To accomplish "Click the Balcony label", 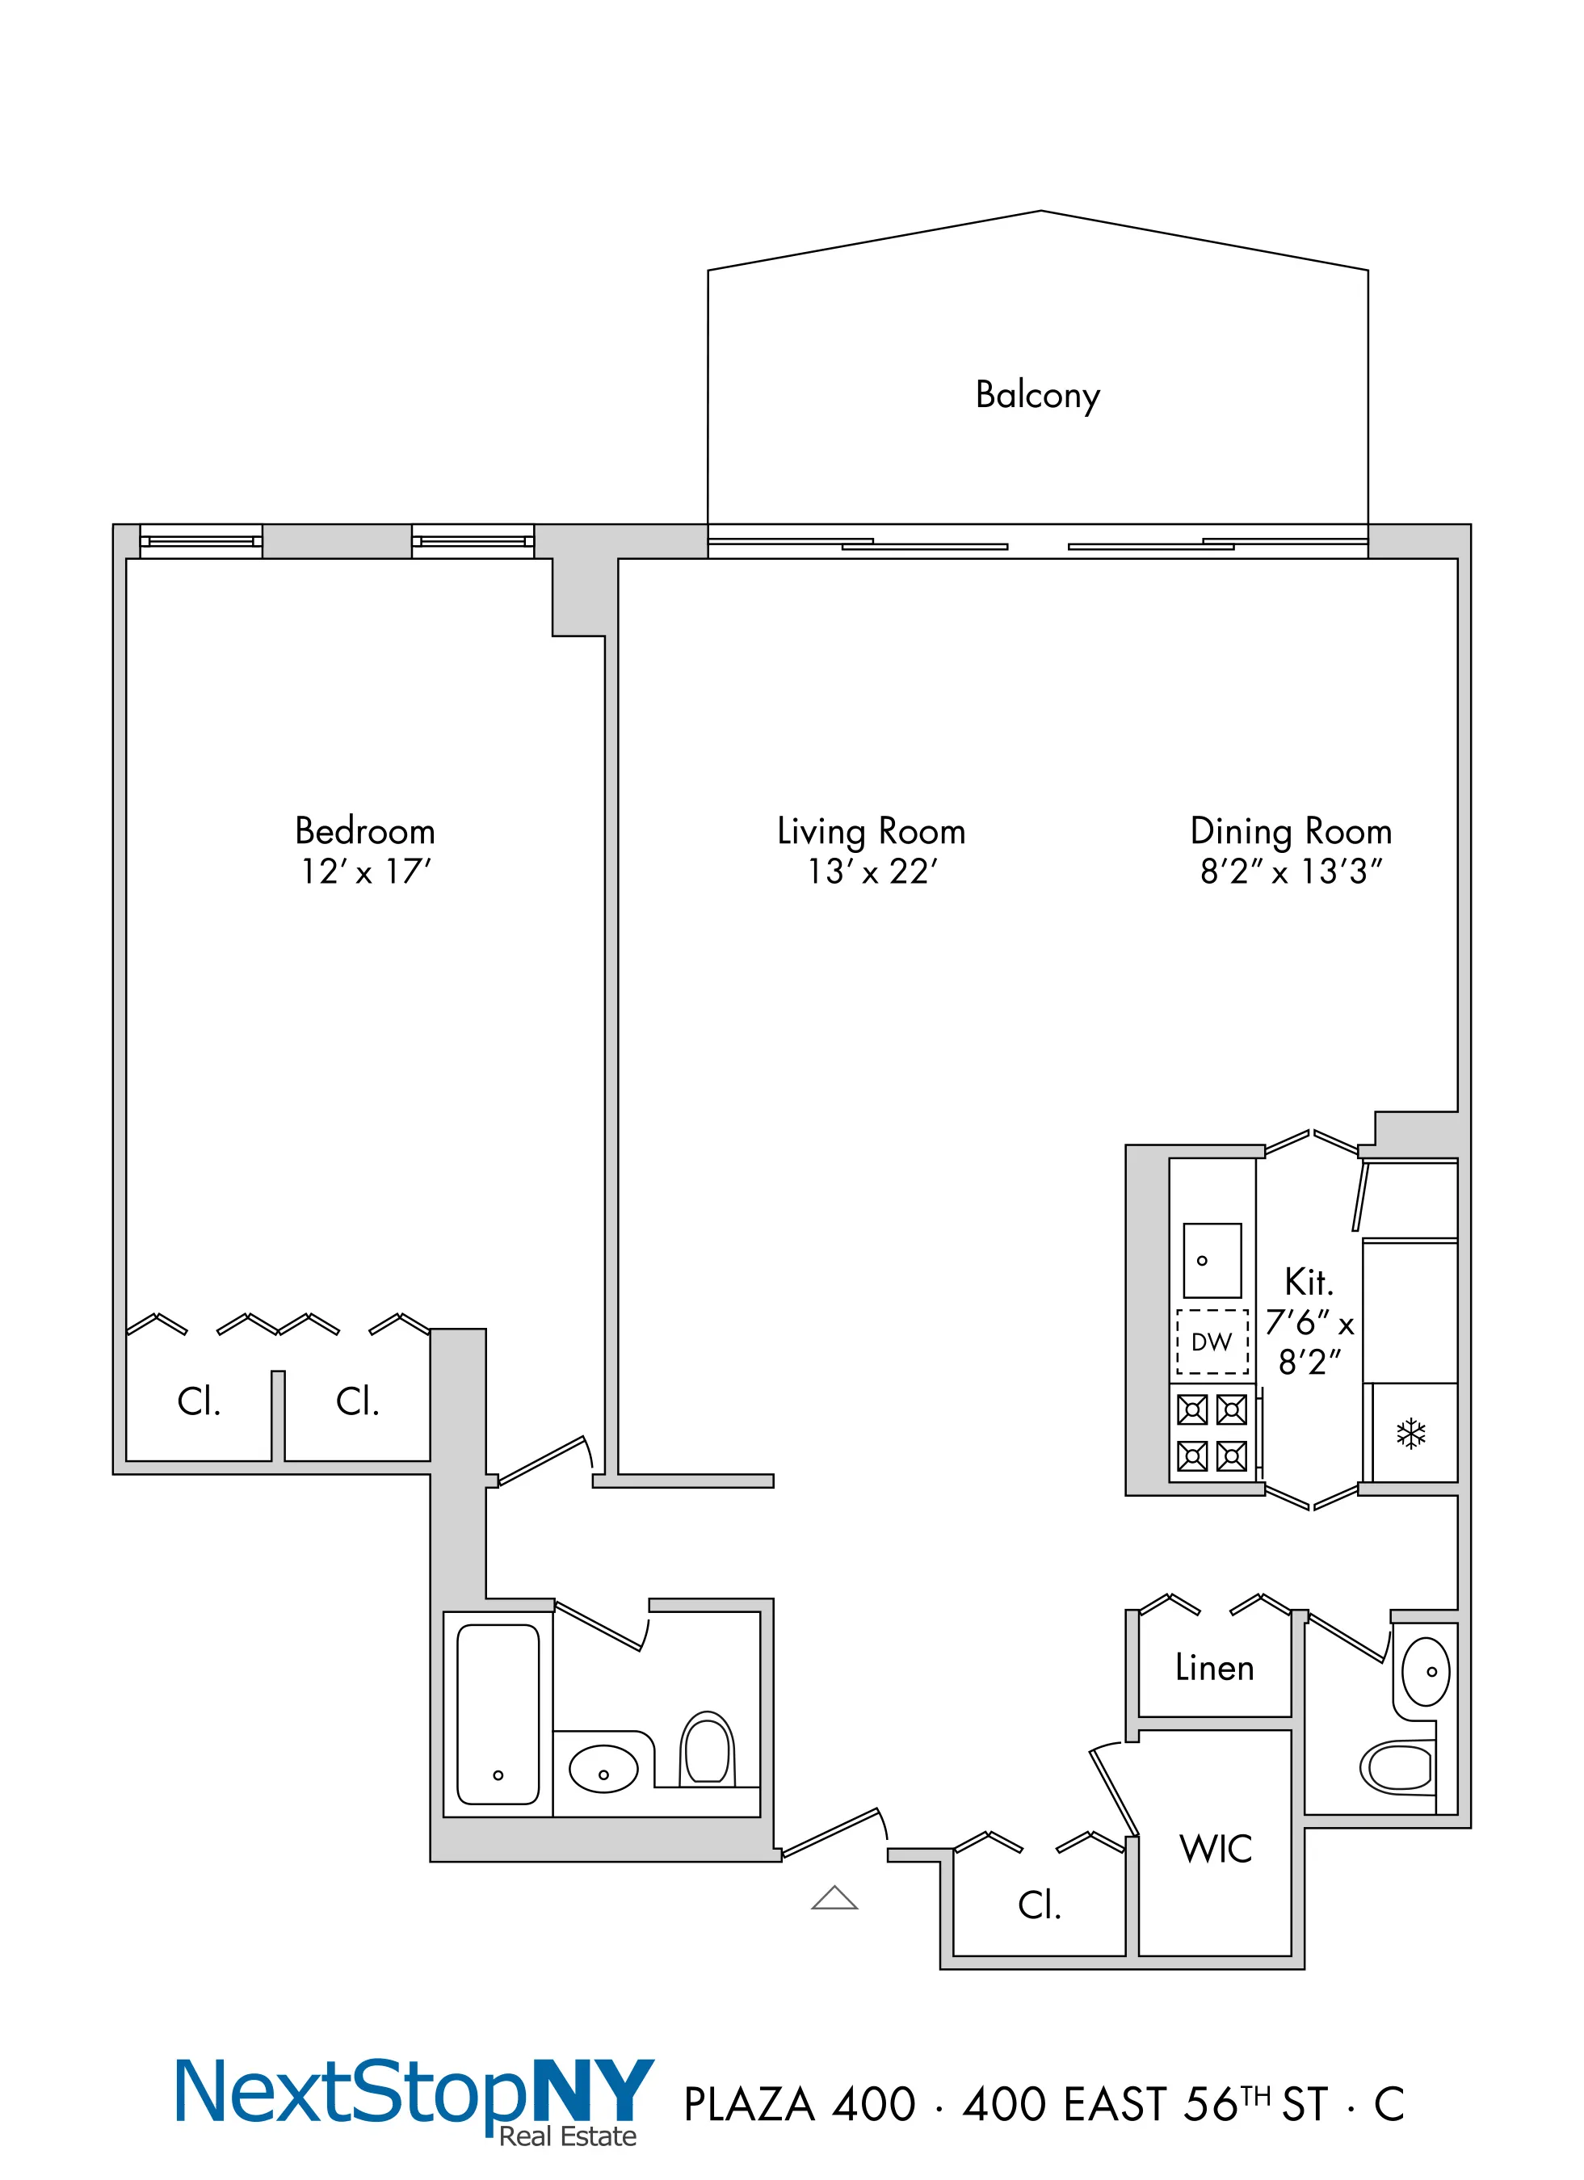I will tap(1037, 395).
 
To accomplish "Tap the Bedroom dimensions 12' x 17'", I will tap(365, 872).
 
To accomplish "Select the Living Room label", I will tap(871, 831).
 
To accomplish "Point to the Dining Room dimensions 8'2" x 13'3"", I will tap(1291, 872).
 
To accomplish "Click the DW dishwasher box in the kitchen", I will tap(1212, 1342).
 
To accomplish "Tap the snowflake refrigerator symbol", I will tap(1410, 1434).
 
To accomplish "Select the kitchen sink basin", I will tap(1212, 1260).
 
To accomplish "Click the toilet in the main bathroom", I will tap(707, 1749).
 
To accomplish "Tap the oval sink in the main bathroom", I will tap(603, 1769).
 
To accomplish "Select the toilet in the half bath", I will tap(1398, 1766).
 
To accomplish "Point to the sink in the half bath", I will tap(1426, 1671).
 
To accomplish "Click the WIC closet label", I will tap(1216, 1848).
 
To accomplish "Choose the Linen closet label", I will tap(1215, 1668).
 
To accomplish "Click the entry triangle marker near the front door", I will tap(834, 1897).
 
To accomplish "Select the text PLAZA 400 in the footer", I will tap(799, 2105).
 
